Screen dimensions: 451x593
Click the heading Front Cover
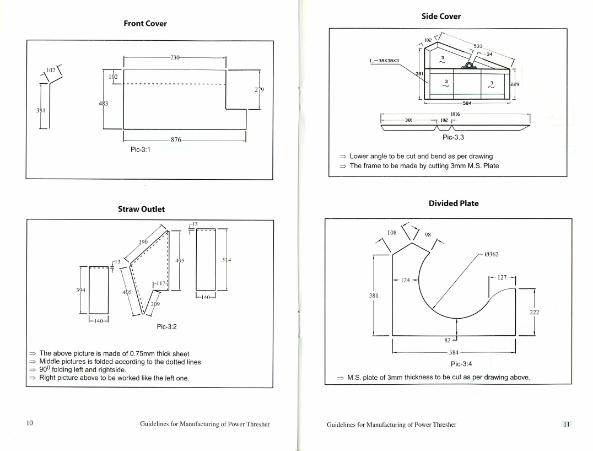pyautogui.click(x=144, y=24)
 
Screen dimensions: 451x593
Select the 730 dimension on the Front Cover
pyautogui.click(x=175, y=57)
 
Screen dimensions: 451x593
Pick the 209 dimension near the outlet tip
pyautogui.click(x=155, y=304)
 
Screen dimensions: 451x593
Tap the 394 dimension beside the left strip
pyautogui.click(x=82, y=290)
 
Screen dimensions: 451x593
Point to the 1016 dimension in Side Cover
pyautogui.click(x=455, y=114)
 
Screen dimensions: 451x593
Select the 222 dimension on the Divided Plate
pyautogui.click(x=534, y=312)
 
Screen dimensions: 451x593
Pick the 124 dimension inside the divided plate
pyautogui.click(x=405, y=280)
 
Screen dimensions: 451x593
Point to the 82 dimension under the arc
pyautogui.click(x=449, y=342)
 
